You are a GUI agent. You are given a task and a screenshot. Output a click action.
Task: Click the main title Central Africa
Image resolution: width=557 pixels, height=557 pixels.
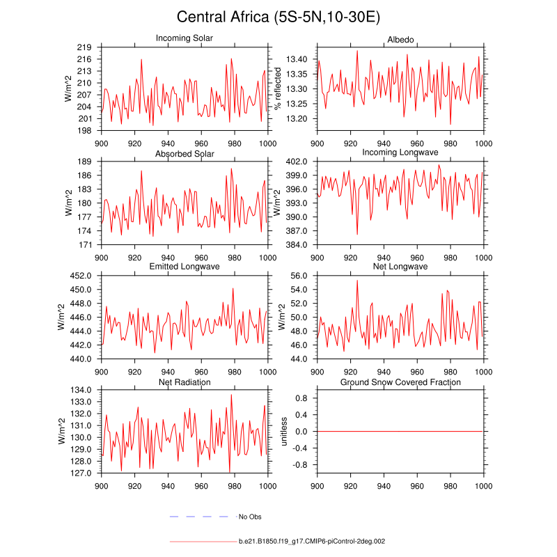(278, 17)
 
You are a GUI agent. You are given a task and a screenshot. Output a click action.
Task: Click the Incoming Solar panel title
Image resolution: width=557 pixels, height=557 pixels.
(185, 38)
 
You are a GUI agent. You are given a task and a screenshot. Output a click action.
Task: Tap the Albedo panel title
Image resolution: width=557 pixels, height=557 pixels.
(400, 38)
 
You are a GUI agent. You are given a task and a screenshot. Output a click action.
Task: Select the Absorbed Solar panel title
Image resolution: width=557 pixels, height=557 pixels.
(185, 153)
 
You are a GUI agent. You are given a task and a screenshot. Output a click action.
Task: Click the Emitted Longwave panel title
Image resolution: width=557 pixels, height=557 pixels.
(185, 267)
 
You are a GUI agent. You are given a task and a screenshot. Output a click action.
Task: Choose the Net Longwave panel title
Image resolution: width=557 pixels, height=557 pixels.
(400, 267)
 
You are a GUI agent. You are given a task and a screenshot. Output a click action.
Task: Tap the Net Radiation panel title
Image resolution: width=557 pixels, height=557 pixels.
(185, 382)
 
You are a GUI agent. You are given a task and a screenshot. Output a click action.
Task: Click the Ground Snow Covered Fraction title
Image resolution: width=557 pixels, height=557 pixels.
(400, 382)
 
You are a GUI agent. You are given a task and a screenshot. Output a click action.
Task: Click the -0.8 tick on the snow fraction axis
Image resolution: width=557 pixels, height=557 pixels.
(301, 465)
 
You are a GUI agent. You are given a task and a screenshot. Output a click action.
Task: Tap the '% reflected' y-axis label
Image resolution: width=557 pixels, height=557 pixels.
(278, 88)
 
